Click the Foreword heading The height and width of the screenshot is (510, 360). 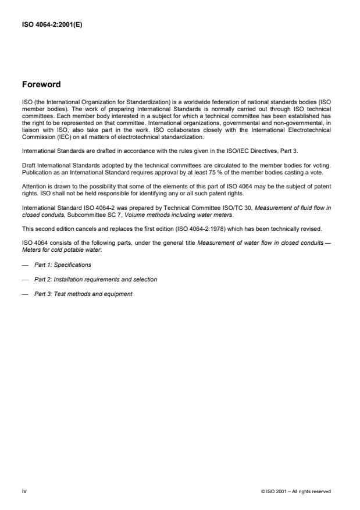tap(41, 84)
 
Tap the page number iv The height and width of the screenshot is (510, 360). tap(24, 491)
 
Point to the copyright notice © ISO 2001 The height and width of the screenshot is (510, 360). tap(296, 491)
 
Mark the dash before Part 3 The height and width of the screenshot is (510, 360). tap(24, 294)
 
